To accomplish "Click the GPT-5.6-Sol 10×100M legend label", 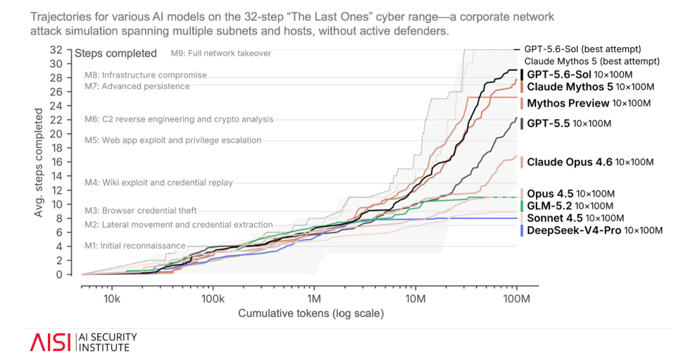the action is click(580, 75).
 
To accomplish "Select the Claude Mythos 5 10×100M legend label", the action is click(590, 87).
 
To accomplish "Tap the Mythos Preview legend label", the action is click(589, 104).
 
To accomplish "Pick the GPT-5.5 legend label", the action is click(569, 124).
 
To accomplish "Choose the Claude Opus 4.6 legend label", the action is click(590, 162).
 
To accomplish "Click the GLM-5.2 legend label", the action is click(570, 206).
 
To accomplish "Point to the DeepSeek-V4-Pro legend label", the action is click(594, 230).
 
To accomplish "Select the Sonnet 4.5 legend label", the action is click(575, 218).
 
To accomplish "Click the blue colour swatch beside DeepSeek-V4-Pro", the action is click(522, 230).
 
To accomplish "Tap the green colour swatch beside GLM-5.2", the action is click(522, 206).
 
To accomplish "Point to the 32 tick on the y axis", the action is click(56, 50).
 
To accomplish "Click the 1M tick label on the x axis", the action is click(314, 299).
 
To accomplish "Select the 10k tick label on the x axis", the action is click(112, 299).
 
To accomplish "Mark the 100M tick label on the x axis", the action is click(516, 299).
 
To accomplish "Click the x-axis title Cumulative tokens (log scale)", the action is click(311, 314).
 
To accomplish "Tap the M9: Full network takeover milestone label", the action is click(220, 54).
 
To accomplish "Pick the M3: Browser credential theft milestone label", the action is click(141, 211).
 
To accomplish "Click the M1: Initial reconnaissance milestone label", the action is click(135, 246).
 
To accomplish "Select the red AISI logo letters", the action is click(50, 342).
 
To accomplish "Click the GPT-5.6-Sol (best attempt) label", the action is click(582, 49).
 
